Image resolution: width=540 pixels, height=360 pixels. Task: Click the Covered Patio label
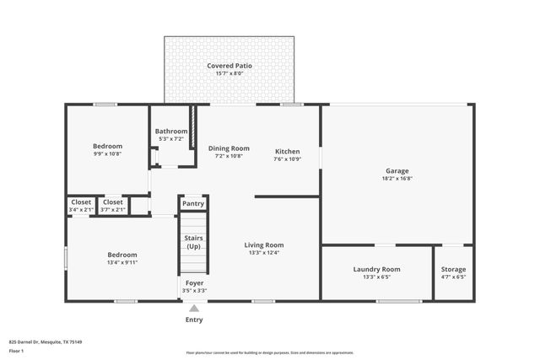(x=229, y=66)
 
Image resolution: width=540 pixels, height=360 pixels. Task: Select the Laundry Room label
(x=376, y=269)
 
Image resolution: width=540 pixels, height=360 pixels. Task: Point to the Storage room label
(x=453, y=269)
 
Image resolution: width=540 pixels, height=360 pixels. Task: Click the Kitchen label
(x=287, y=152)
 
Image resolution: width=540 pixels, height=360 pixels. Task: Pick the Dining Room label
(x=229, y=148)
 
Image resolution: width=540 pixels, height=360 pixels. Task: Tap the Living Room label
(x=263, y=244)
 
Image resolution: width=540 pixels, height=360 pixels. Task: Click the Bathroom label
(x=171, y=132)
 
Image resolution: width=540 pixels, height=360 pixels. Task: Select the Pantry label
(x=192, y=203)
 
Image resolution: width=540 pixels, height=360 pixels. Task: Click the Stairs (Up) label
(x=193, y=242)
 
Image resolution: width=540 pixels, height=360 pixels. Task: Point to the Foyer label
(x=194, y=282)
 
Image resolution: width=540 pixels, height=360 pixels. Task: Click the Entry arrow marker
(x=194, y=308)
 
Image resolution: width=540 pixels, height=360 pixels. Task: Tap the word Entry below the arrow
(x=194, y=320)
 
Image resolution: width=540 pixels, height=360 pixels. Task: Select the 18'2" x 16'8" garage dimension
(x=397, y=179)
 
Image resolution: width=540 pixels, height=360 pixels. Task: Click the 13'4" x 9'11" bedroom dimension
(x=121, y=262)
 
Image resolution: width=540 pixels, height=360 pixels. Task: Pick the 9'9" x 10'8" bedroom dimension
(x=107, y=153)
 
